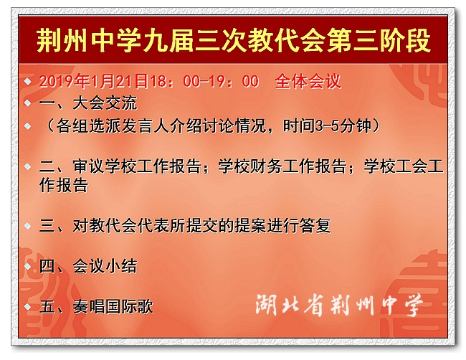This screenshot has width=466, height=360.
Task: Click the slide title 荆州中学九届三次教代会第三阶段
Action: (233, 41)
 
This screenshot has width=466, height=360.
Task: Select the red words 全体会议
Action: (308, 81)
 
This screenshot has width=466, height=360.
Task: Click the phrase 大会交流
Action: (105, 103)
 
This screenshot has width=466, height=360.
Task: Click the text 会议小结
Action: (105, 266)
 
